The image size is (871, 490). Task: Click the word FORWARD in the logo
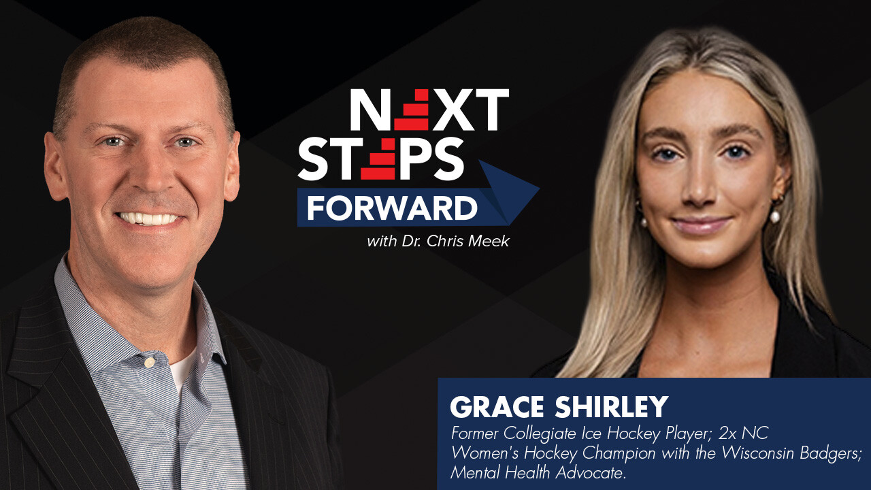391,208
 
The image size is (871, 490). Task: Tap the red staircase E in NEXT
412,110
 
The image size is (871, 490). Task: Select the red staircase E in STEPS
378,160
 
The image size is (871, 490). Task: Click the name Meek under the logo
490,242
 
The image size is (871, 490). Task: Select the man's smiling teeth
150,219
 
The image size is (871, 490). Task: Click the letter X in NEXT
456,110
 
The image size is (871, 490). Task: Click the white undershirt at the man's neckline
182,367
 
